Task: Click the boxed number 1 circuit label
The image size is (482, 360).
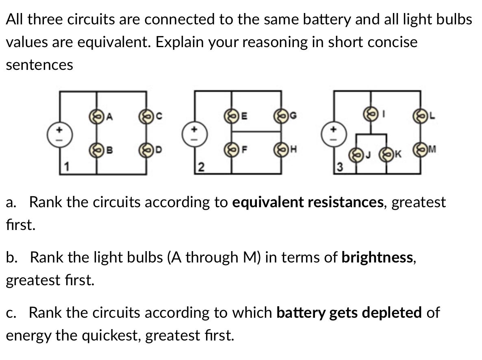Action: (x=65, y=167)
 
